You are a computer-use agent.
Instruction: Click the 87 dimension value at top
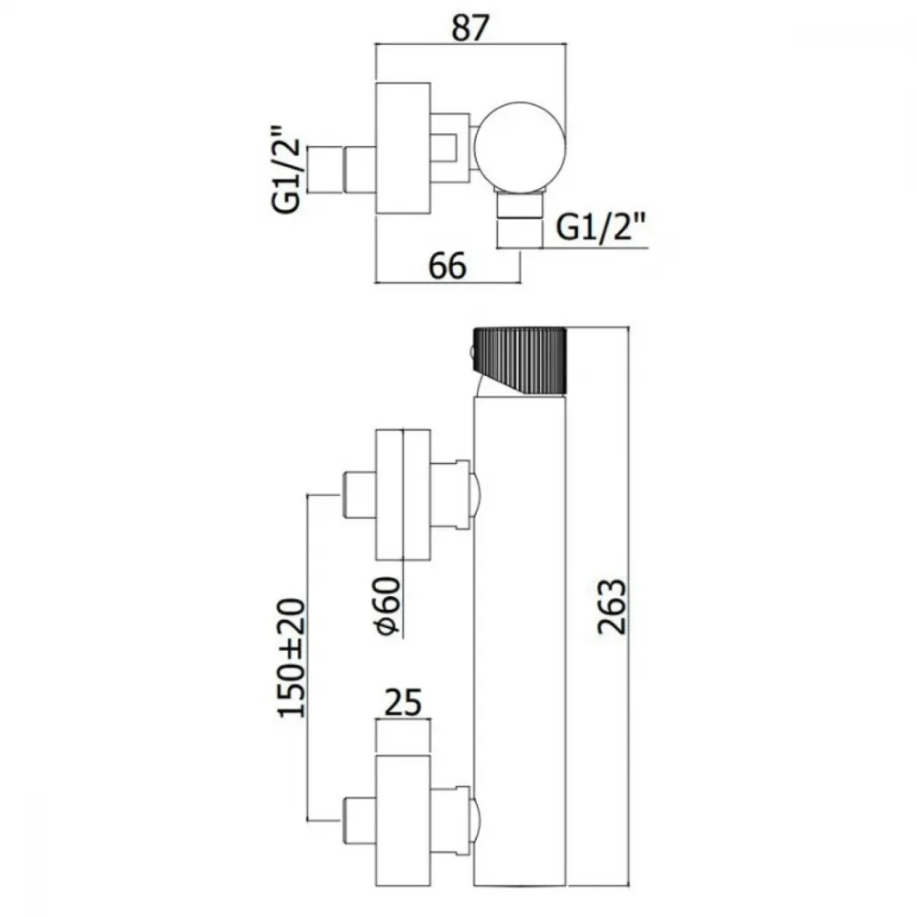(470, 28)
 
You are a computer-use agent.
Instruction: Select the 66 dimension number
(447, 266)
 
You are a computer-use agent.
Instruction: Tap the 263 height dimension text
(612, 606)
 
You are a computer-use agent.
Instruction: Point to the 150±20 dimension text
(292, 657)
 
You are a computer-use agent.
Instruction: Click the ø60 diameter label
(388, 606)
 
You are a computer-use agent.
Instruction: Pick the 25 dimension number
(403, 702)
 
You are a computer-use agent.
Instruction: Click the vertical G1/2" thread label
(286, 169)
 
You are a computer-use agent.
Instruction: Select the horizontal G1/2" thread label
(601, 226)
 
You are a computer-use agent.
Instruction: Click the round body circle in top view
(519, 148)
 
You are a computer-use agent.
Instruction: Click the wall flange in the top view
(403, 148)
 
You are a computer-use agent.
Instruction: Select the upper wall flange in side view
(403, 495)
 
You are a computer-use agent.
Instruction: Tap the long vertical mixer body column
(519, 640)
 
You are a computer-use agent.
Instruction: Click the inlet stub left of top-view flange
(340, 169)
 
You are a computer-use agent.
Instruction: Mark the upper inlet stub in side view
(359, 495)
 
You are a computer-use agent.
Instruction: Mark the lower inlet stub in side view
(359, 820)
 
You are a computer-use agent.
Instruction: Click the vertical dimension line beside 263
(629, 606)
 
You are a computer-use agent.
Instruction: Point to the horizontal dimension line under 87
(470, 44)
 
